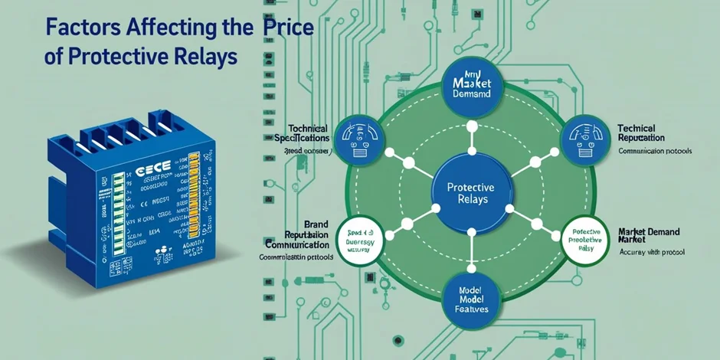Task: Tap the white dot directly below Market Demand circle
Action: click(x=471, y=126)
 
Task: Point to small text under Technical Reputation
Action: click(x=655, y=151)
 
